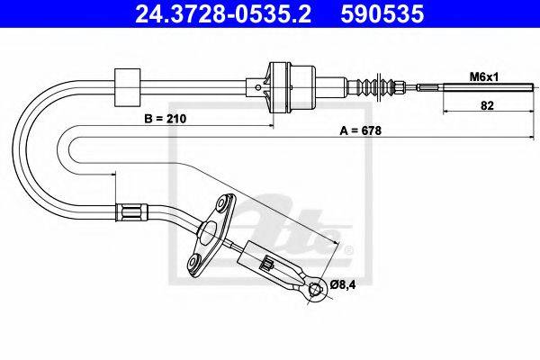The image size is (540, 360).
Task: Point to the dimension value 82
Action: point(486,104)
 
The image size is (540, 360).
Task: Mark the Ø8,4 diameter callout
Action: point(346,287)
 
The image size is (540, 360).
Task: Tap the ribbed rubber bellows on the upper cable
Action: point(378,87)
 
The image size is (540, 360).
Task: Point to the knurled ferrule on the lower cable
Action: point(130,213)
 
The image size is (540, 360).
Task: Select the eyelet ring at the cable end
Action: point(314,288)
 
